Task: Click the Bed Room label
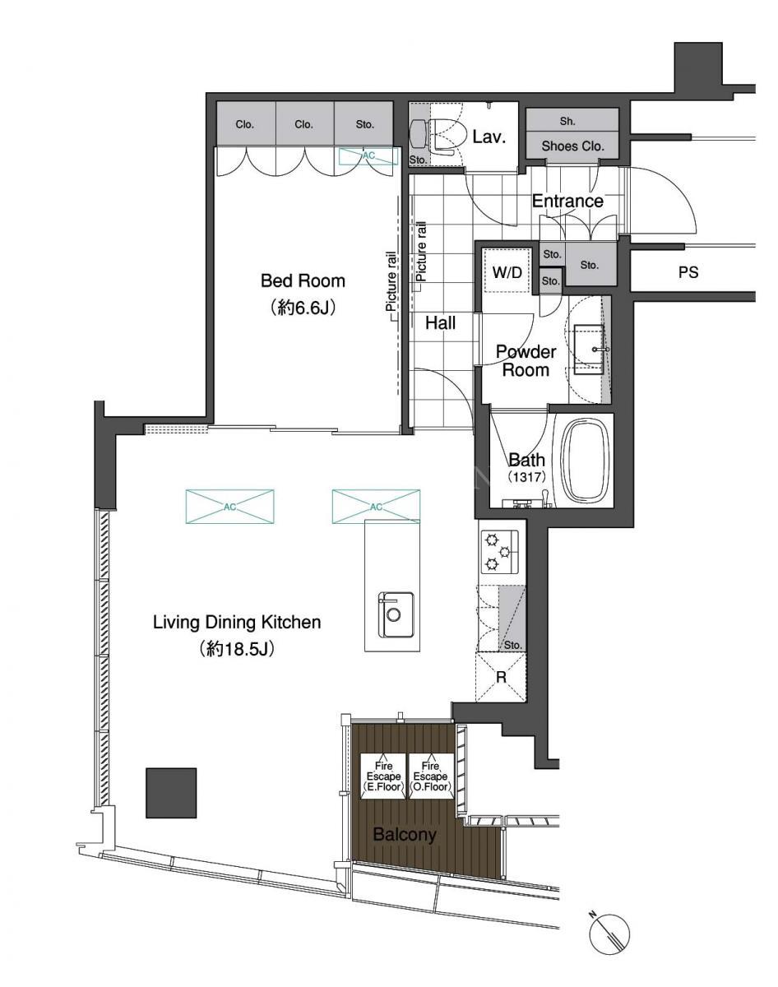point(303,280)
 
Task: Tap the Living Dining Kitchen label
point(237,623)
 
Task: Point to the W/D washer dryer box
point(507,271)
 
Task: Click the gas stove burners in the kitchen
point(499,552)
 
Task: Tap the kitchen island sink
point(396,615)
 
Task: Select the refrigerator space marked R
point(501,677)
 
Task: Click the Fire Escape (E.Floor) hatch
point(383,776)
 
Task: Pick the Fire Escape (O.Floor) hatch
point(431,776)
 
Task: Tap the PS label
point(688,272)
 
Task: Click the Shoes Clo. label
point(572,146)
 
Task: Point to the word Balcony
point(405,834)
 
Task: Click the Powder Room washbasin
point(589,350)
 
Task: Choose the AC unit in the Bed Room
point(368,156)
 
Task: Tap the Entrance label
point(567,201)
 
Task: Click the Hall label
point(440,323)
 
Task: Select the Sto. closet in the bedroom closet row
point(364,124)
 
